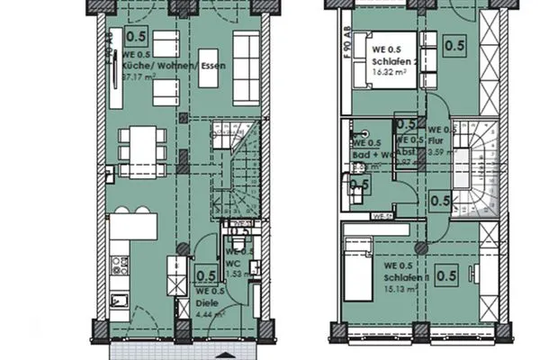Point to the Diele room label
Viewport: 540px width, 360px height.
click(208, 303)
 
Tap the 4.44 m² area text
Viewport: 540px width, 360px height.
click(210, 315)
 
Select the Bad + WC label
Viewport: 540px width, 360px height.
click(370, 153)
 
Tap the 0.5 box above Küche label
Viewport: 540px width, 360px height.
click(138, 37)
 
